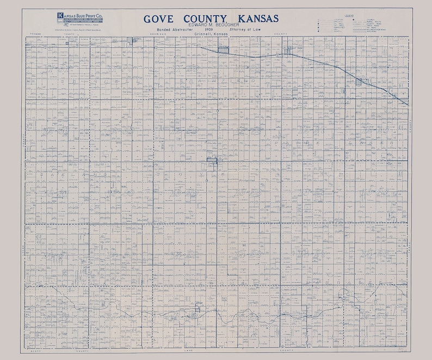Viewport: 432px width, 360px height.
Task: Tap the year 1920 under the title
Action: point(209,30)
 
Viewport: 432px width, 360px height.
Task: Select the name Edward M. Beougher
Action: point(209,25)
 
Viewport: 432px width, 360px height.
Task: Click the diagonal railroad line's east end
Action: point(407,103)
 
